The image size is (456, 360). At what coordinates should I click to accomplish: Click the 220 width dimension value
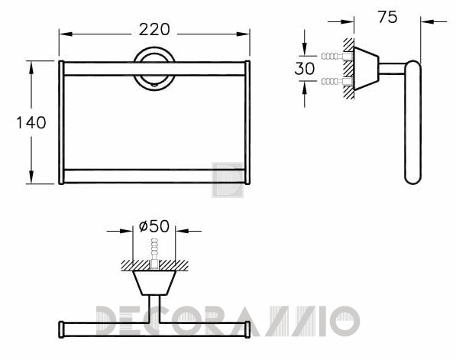click(x=154, y=30)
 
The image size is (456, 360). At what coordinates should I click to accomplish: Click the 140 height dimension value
click(x=31, y=122)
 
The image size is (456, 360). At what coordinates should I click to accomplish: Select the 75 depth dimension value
click(x=387, y=17)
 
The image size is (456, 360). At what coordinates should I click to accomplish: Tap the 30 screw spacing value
click(x=305, y=69)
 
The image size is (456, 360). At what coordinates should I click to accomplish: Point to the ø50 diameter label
click(x=154, y=226)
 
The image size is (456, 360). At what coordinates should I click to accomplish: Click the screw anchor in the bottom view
click(x=154, y=253)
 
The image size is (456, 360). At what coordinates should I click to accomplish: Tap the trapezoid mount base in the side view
click(x=367, y=69)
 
